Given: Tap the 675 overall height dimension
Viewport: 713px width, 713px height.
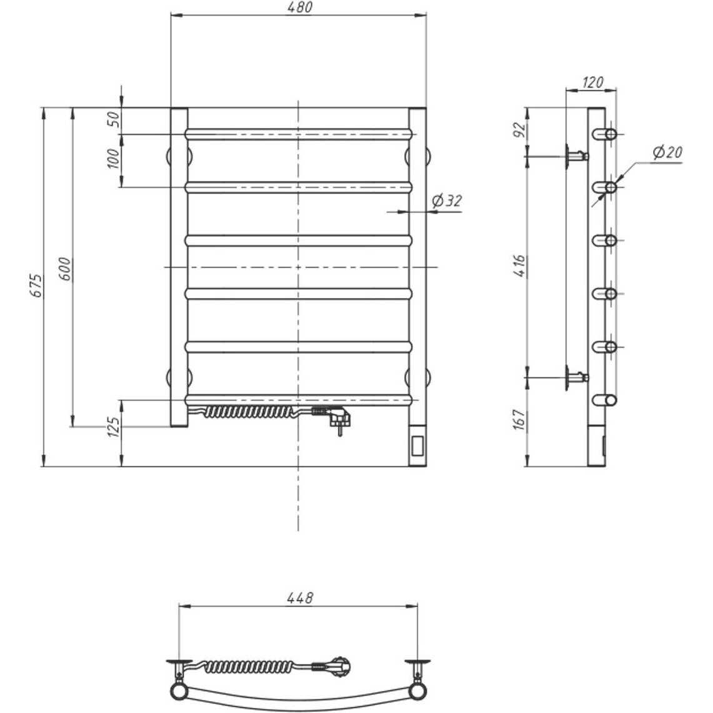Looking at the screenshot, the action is [x=36, y=286].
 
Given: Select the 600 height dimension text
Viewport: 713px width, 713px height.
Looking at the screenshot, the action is [x=66, y=269].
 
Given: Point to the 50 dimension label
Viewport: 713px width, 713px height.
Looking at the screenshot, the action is [x=114, y=119].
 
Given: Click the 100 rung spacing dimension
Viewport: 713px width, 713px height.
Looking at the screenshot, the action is [x=114, y=159].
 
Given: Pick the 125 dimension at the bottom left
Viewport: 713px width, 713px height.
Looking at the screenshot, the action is [x=114, y=427].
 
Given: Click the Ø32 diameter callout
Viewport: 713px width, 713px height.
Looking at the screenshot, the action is [x=447, y=201].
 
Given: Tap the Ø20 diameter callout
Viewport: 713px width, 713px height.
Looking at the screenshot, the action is [x=667, y=152].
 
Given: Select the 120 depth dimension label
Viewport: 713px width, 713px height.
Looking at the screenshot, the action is [x=592, y=82].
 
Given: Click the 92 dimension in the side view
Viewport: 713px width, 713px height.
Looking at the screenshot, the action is [x=520, y=130].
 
